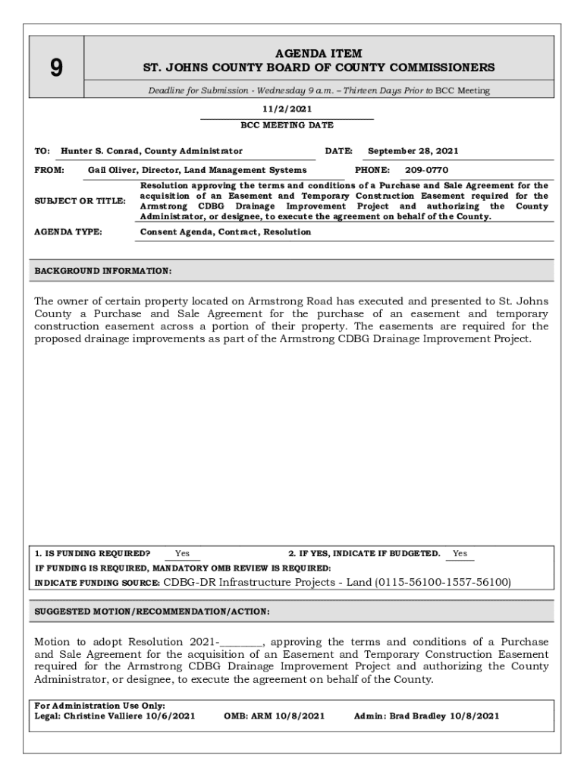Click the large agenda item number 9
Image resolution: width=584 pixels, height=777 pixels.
pyautogui.click(x=55, y=69)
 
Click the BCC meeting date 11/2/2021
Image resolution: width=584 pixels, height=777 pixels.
pyautogui.click(x=287, y=109)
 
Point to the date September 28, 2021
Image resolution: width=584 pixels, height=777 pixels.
pyautogui.click(x=413, y=151)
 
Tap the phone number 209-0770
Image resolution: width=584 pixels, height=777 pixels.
pyautogui.click(x=426, y=171)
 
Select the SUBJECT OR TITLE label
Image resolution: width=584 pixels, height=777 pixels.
pyautogui.click(x=80, y=201)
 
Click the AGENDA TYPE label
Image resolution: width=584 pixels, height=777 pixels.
pyautogui.click(x=68, y=231)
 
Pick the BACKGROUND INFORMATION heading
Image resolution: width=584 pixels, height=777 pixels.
pyautogui.click(x=103, y=271)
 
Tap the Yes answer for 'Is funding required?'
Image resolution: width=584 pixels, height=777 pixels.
pyautogui.click(x=182, y=554)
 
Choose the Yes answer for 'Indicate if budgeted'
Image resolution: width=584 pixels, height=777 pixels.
pyautogui.click(x=460, y=554)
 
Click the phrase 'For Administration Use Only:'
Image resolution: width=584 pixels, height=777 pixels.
pyautogui.click(x=100, y=706)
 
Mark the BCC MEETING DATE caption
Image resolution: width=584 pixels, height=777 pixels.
pyautogui.click(x=287, y=125)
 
